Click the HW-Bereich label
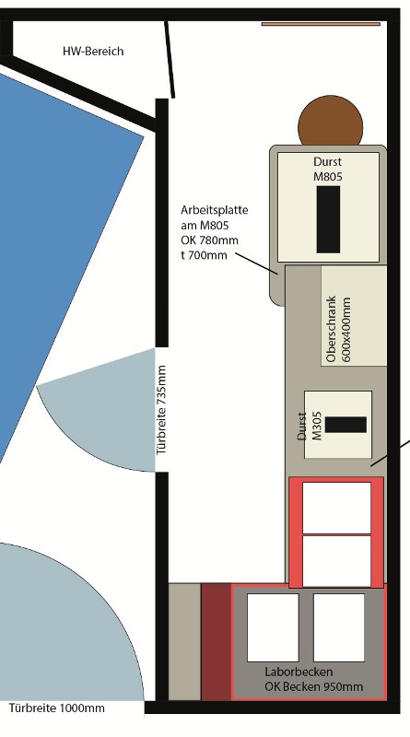point(93,52)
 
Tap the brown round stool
point(331,122)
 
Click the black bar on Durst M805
point(328,219)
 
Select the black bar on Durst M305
point(346,425)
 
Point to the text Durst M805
point(328,169)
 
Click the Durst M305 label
point(310,426)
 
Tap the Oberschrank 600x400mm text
point(338,329)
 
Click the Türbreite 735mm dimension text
point(162,410)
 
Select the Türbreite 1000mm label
point(57,708)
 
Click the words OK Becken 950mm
point(313,686)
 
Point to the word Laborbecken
point(299,672)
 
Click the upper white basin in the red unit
point(336,509)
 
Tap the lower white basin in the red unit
point(336,561)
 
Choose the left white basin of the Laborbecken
point(273,627)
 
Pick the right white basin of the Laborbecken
point(339,627)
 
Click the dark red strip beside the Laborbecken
point(217,641)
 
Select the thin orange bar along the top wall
point(321,24)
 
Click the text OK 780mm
point(209,240)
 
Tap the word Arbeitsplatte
point(214,210)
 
